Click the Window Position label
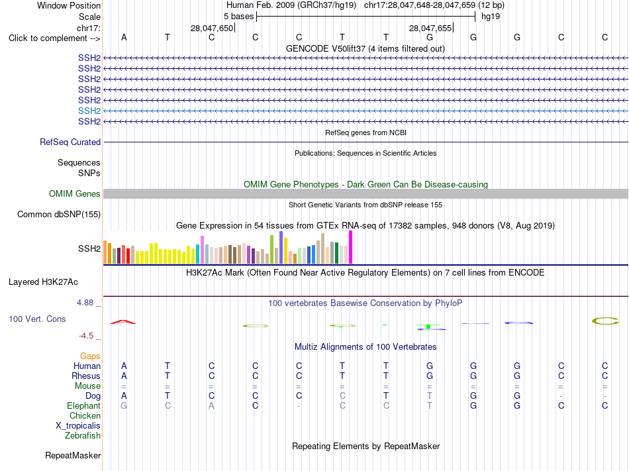pyautogui.click(x=69, y=5)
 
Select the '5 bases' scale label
pyautogui.click(x=238, y=17)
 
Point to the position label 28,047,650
pyautogui.click(x=212, y=28)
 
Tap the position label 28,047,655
pyautogui.click(x=430, y=28)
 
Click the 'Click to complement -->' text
pyautogui.click(x=54, y=38)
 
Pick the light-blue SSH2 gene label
pyautogui.click(x=89, y=111)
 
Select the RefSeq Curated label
pyautogui.click(x=70, y=142)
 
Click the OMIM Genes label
pyautogui.click(x=75, y=194)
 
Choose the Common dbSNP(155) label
pyautogui.click(x=59, y=214)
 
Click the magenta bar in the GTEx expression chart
pyautogui.click(x=351, y=247)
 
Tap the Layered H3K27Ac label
pyautogui.click(x=43, y=282)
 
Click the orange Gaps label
pyautogui.click(x=90, y=356)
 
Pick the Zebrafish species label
pyautogui.click(x=83, y=435)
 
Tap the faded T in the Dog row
pyautogui.click(x=430, y=395)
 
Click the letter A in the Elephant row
pyautogui.click(x=211, y=405)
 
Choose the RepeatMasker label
pyautogui.click(x=73, y=455)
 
